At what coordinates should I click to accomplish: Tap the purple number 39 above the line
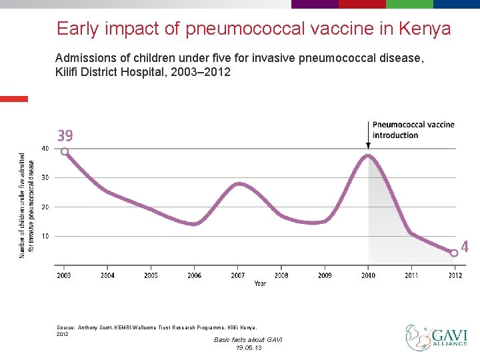click(x=65, y=136)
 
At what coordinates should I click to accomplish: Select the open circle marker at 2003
click(x=65, y=151)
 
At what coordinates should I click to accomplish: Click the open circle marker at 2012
click(x=454, y=253)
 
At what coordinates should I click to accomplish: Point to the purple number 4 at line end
click(x=465, y=247)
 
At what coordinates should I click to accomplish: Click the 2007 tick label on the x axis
click(x=238, y=275)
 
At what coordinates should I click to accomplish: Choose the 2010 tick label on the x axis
click(x=368, y=275)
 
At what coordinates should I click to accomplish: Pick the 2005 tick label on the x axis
click(x=151, y=275)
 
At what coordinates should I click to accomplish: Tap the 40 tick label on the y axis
click(x=45, y=148)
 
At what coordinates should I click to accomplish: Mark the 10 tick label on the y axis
click(x=45, y=236)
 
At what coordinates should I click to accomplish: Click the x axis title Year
click(x=260, y=283)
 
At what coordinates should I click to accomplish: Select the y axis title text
click(x=27, y=205)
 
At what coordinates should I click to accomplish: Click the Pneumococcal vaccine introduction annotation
click(x=413, y=130)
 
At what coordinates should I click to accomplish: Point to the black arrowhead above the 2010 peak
click(x=368, y=145)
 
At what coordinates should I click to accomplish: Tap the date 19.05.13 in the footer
click(x=248, y=348)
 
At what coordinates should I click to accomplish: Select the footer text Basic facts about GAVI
click(x=248, y=340)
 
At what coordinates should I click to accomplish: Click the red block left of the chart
click(x=14, y=99)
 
